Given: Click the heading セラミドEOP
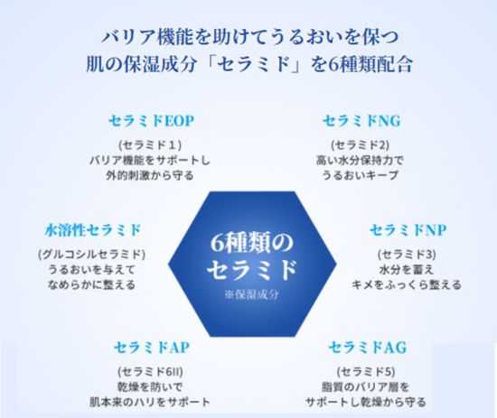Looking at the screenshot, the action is pos(151,121).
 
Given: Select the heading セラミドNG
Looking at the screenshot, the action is pos(361,121).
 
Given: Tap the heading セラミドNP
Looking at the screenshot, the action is pos(408,230).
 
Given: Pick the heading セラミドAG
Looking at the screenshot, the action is pos(368,348).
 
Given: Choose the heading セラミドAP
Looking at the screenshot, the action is pos(152,348).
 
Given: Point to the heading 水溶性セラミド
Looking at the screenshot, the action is pos(92,230).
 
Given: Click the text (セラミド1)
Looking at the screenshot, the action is pos(150,145).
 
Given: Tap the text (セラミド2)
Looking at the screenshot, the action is pos(360,145).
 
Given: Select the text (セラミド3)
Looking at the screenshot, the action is pos(407,255).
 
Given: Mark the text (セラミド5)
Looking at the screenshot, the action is pos(366,372).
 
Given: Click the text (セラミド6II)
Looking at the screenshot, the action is pos(150,372).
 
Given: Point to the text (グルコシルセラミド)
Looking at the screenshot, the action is pos(91,255).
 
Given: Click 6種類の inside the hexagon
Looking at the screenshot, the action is pos(252,243).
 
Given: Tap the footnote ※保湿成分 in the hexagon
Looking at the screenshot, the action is pos(252,294).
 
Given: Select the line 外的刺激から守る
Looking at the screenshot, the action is pos(150,175).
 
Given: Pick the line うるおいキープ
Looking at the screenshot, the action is pos(360,175).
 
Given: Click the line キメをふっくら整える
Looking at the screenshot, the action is pos(407,284).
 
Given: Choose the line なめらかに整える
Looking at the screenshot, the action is pos(91,284).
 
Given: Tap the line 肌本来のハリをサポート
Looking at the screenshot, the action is pos(150,402).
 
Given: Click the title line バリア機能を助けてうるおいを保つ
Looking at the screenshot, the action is pos(249,37).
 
